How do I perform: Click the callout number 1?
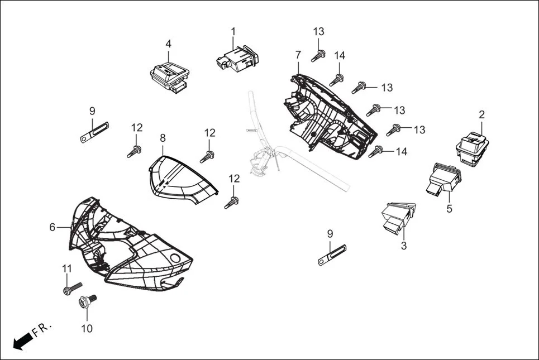(233, 32)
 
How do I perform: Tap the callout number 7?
(298, 55)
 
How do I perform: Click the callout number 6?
(53, 227)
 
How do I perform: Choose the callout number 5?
(449, 209)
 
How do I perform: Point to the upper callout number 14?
(340, 55)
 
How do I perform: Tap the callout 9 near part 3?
(330, 233)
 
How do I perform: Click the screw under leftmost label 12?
(135, 150)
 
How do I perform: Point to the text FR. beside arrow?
(41, 329)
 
